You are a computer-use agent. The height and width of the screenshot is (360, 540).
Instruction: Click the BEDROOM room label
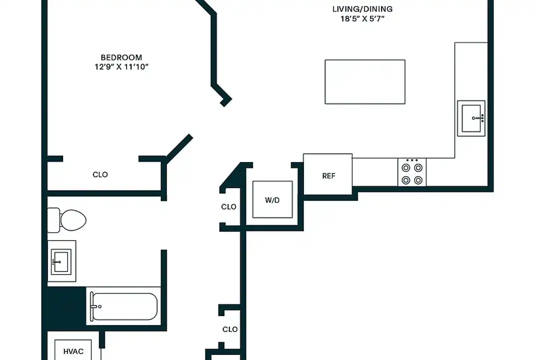click(x=121, y=57)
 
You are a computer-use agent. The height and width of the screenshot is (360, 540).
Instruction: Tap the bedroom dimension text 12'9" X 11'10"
click(x=121, y=66)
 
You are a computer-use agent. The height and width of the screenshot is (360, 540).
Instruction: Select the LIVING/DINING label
click(x=362, y=9)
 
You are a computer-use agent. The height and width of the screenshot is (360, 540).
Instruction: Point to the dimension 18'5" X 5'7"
click(x=362, y=18)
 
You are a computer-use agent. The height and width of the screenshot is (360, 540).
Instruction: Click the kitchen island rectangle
click(x=365, y=82)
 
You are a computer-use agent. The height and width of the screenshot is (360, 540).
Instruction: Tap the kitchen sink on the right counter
click(x=471, y=118)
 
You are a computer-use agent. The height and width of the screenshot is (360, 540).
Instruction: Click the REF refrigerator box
click(x=328, y=175)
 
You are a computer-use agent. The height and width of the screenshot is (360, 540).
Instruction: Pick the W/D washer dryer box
click(x=272, y=200)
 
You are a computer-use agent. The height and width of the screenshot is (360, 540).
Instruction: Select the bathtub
click(x=123, y=306)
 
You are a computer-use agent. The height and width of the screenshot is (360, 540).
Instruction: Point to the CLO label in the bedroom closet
click(x=100, y=174)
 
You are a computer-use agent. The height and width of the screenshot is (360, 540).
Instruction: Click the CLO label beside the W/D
click(x=229, y=206)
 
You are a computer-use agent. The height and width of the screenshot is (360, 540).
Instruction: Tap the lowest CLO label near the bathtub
click(x=229, y=329)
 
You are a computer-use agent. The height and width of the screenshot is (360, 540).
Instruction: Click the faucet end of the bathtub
click(x=94, y=306)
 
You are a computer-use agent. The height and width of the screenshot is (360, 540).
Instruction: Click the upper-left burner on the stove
click(x=406, y=168)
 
